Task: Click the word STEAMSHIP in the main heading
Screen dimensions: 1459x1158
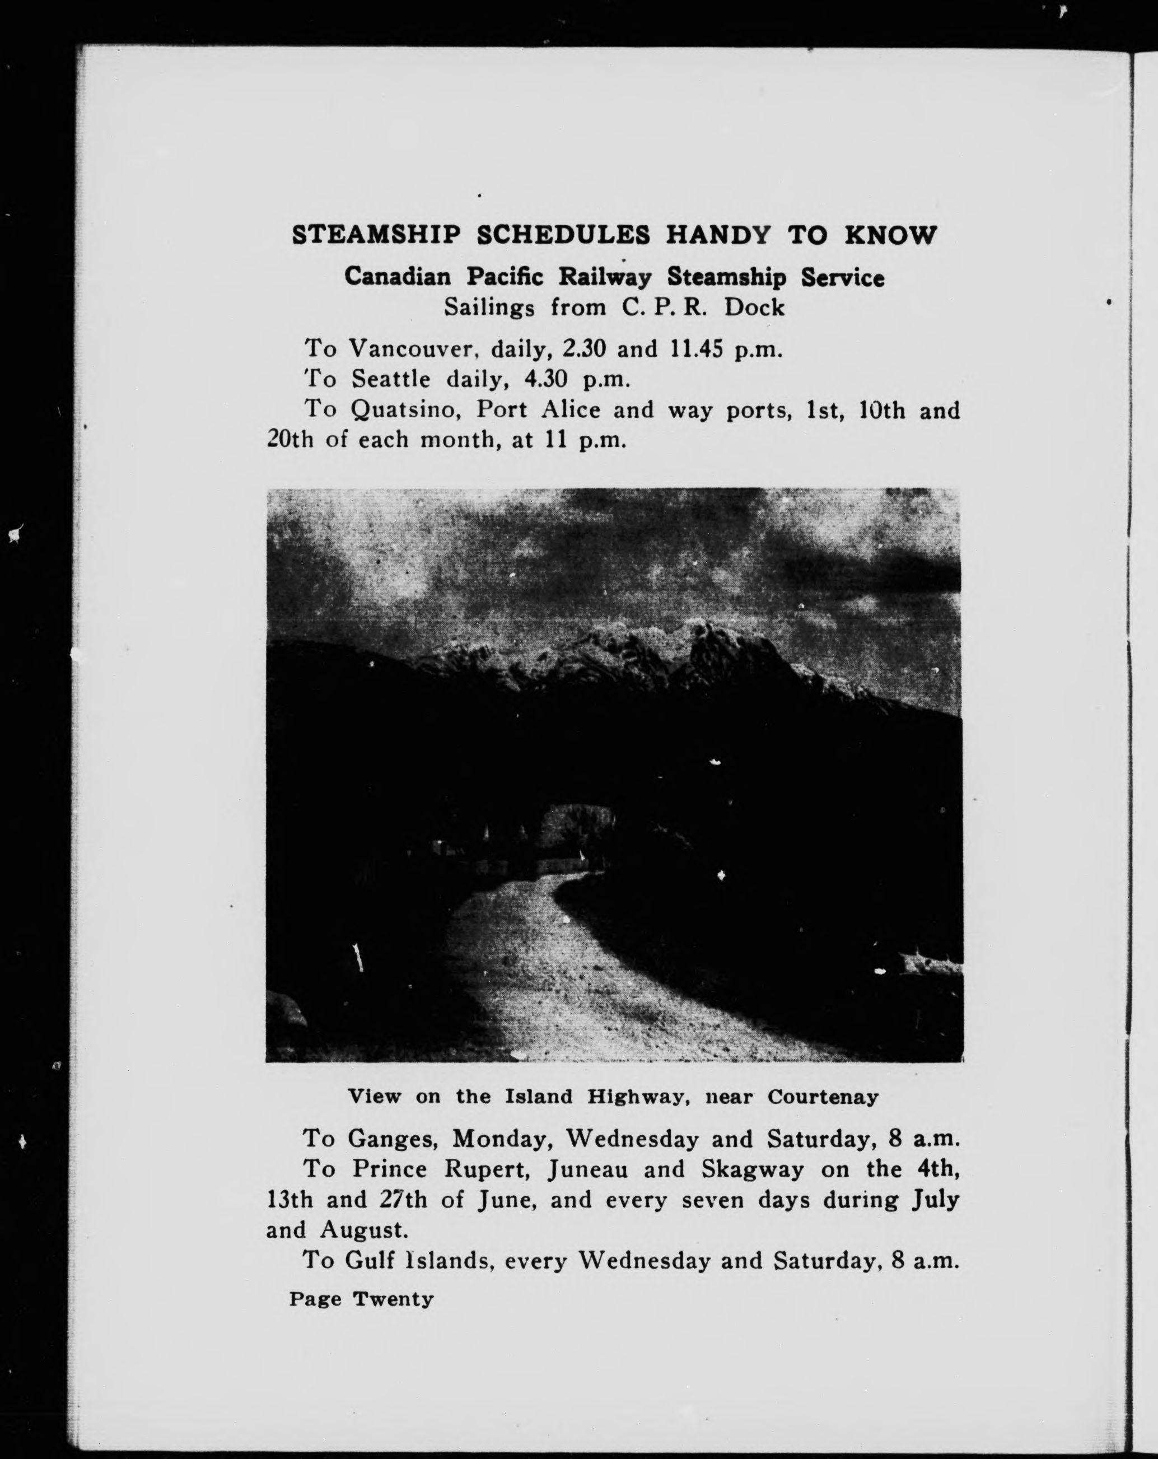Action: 377,235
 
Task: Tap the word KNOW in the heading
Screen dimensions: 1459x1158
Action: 890,235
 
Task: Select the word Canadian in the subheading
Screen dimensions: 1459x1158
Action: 398,277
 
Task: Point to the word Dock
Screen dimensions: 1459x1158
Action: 754,308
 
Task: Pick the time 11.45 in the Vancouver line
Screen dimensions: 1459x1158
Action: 697,348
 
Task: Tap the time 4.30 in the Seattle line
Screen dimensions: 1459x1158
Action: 546,379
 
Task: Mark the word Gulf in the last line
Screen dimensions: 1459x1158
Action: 371,1261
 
